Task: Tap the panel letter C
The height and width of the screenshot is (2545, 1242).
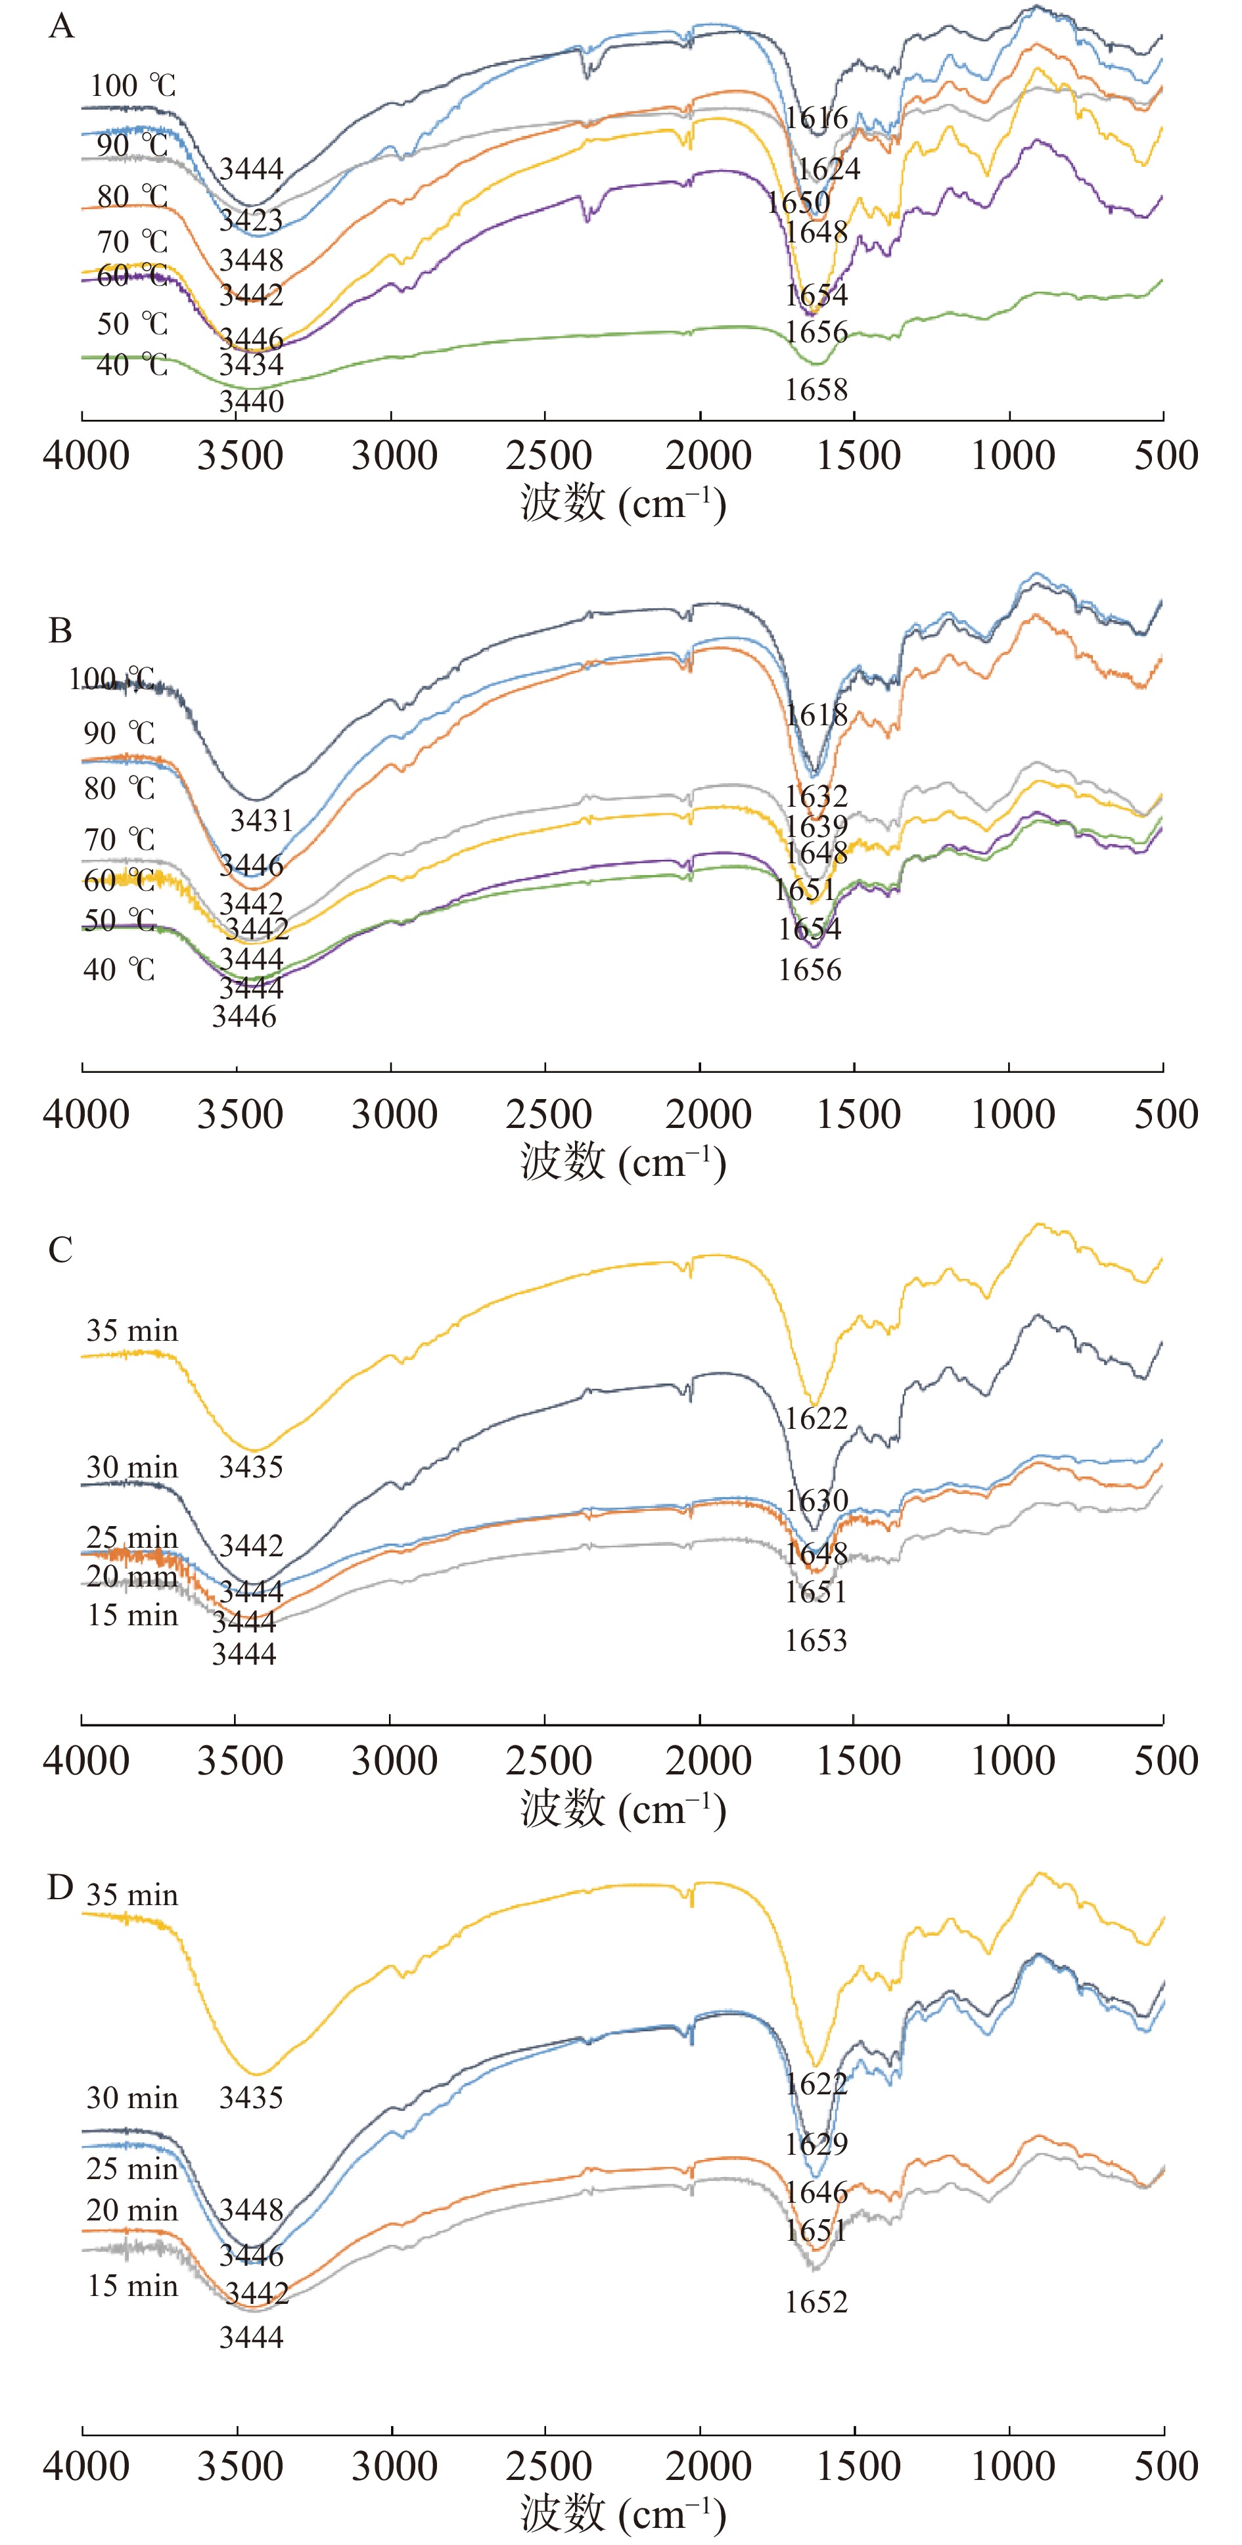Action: point(60,1250)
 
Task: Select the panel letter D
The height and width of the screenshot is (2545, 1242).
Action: point(60,1887)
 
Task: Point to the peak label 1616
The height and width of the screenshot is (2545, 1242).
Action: point(816,118)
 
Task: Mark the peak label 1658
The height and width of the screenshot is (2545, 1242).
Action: point(816,390)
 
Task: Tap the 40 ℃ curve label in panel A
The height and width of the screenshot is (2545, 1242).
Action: point(132,365)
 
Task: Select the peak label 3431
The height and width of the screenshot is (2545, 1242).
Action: point(262,820)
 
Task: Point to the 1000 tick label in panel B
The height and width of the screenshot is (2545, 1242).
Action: point(1013,1114)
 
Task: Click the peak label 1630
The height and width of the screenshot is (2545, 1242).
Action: point(816,1500)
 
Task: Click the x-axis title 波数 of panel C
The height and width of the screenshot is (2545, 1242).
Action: point(563,1808)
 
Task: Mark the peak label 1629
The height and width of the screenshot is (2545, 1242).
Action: point(816,2144)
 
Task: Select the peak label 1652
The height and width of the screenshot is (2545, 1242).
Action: point(816,2302)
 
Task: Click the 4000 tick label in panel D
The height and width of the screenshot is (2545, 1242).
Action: point(86,2466)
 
